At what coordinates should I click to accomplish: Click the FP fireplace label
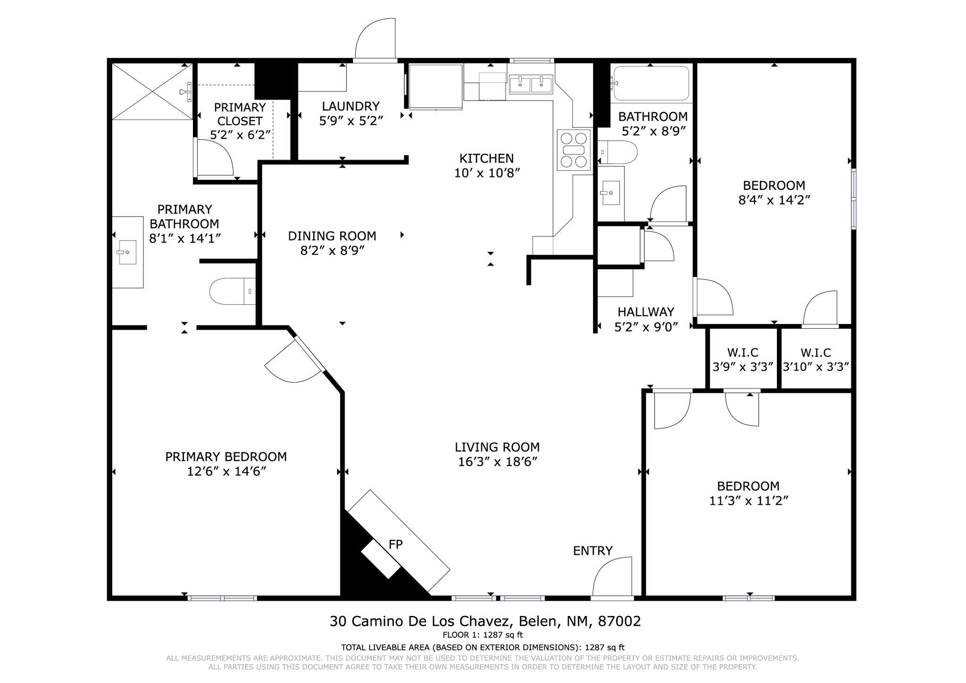tap(395, 544)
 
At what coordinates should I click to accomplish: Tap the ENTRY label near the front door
tap(592, 550)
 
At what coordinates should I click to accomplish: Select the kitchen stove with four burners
tap(574, 150)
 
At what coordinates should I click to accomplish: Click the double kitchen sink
tap(531, 84)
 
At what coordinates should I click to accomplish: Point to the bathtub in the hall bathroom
tap(651, 83)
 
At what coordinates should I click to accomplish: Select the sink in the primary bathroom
tap(127, 252)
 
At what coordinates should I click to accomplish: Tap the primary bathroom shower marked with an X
tap(152, 92)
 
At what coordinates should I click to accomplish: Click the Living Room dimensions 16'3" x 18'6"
tap(498, 462)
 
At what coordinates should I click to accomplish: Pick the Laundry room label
tap(350, 106)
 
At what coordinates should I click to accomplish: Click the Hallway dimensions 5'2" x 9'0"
tap(646, 326)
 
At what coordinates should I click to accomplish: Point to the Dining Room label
tap(332, 236)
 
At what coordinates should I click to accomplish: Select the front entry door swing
tap(612, 576)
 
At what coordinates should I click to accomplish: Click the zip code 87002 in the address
tap(619, 621)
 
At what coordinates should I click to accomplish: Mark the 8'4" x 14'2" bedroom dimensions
tap(774, 200)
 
